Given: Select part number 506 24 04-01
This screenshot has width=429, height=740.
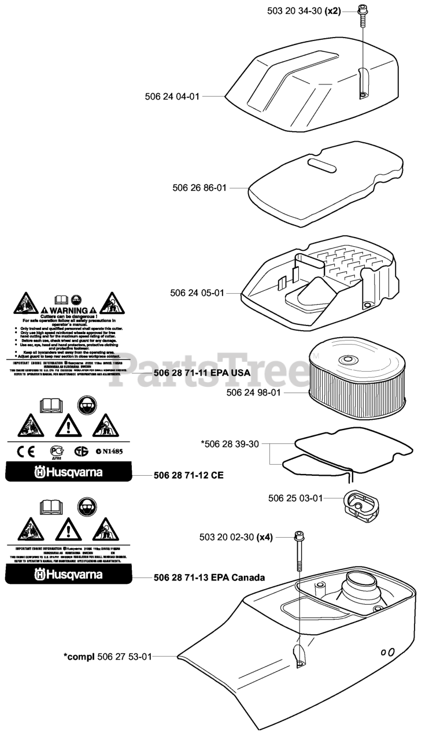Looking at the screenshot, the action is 172,97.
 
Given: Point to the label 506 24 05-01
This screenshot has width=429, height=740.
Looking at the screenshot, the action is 197,293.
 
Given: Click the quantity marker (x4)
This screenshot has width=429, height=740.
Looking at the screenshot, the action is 264,537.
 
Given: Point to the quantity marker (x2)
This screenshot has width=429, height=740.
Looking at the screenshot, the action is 333,10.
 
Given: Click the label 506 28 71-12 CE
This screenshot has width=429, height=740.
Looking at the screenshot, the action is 189,476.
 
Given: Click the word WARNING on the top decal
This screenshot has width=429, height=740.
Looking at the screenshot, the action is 69,310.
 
